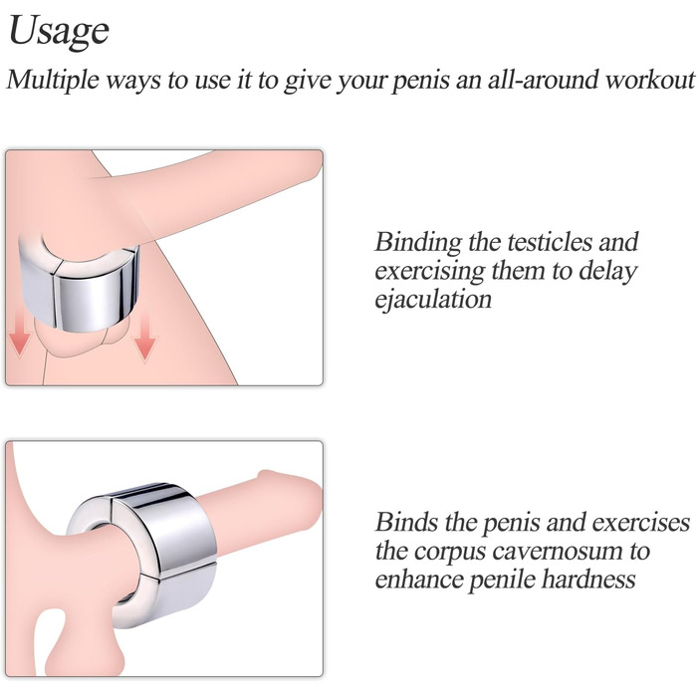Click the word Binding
418,244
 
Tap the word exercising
429,272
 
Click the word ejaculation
433,300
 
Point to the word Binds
406,523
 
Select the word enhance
419,580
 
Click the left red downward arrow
20,334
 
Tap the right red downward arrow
145,337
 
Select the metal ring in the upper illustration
79,285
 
